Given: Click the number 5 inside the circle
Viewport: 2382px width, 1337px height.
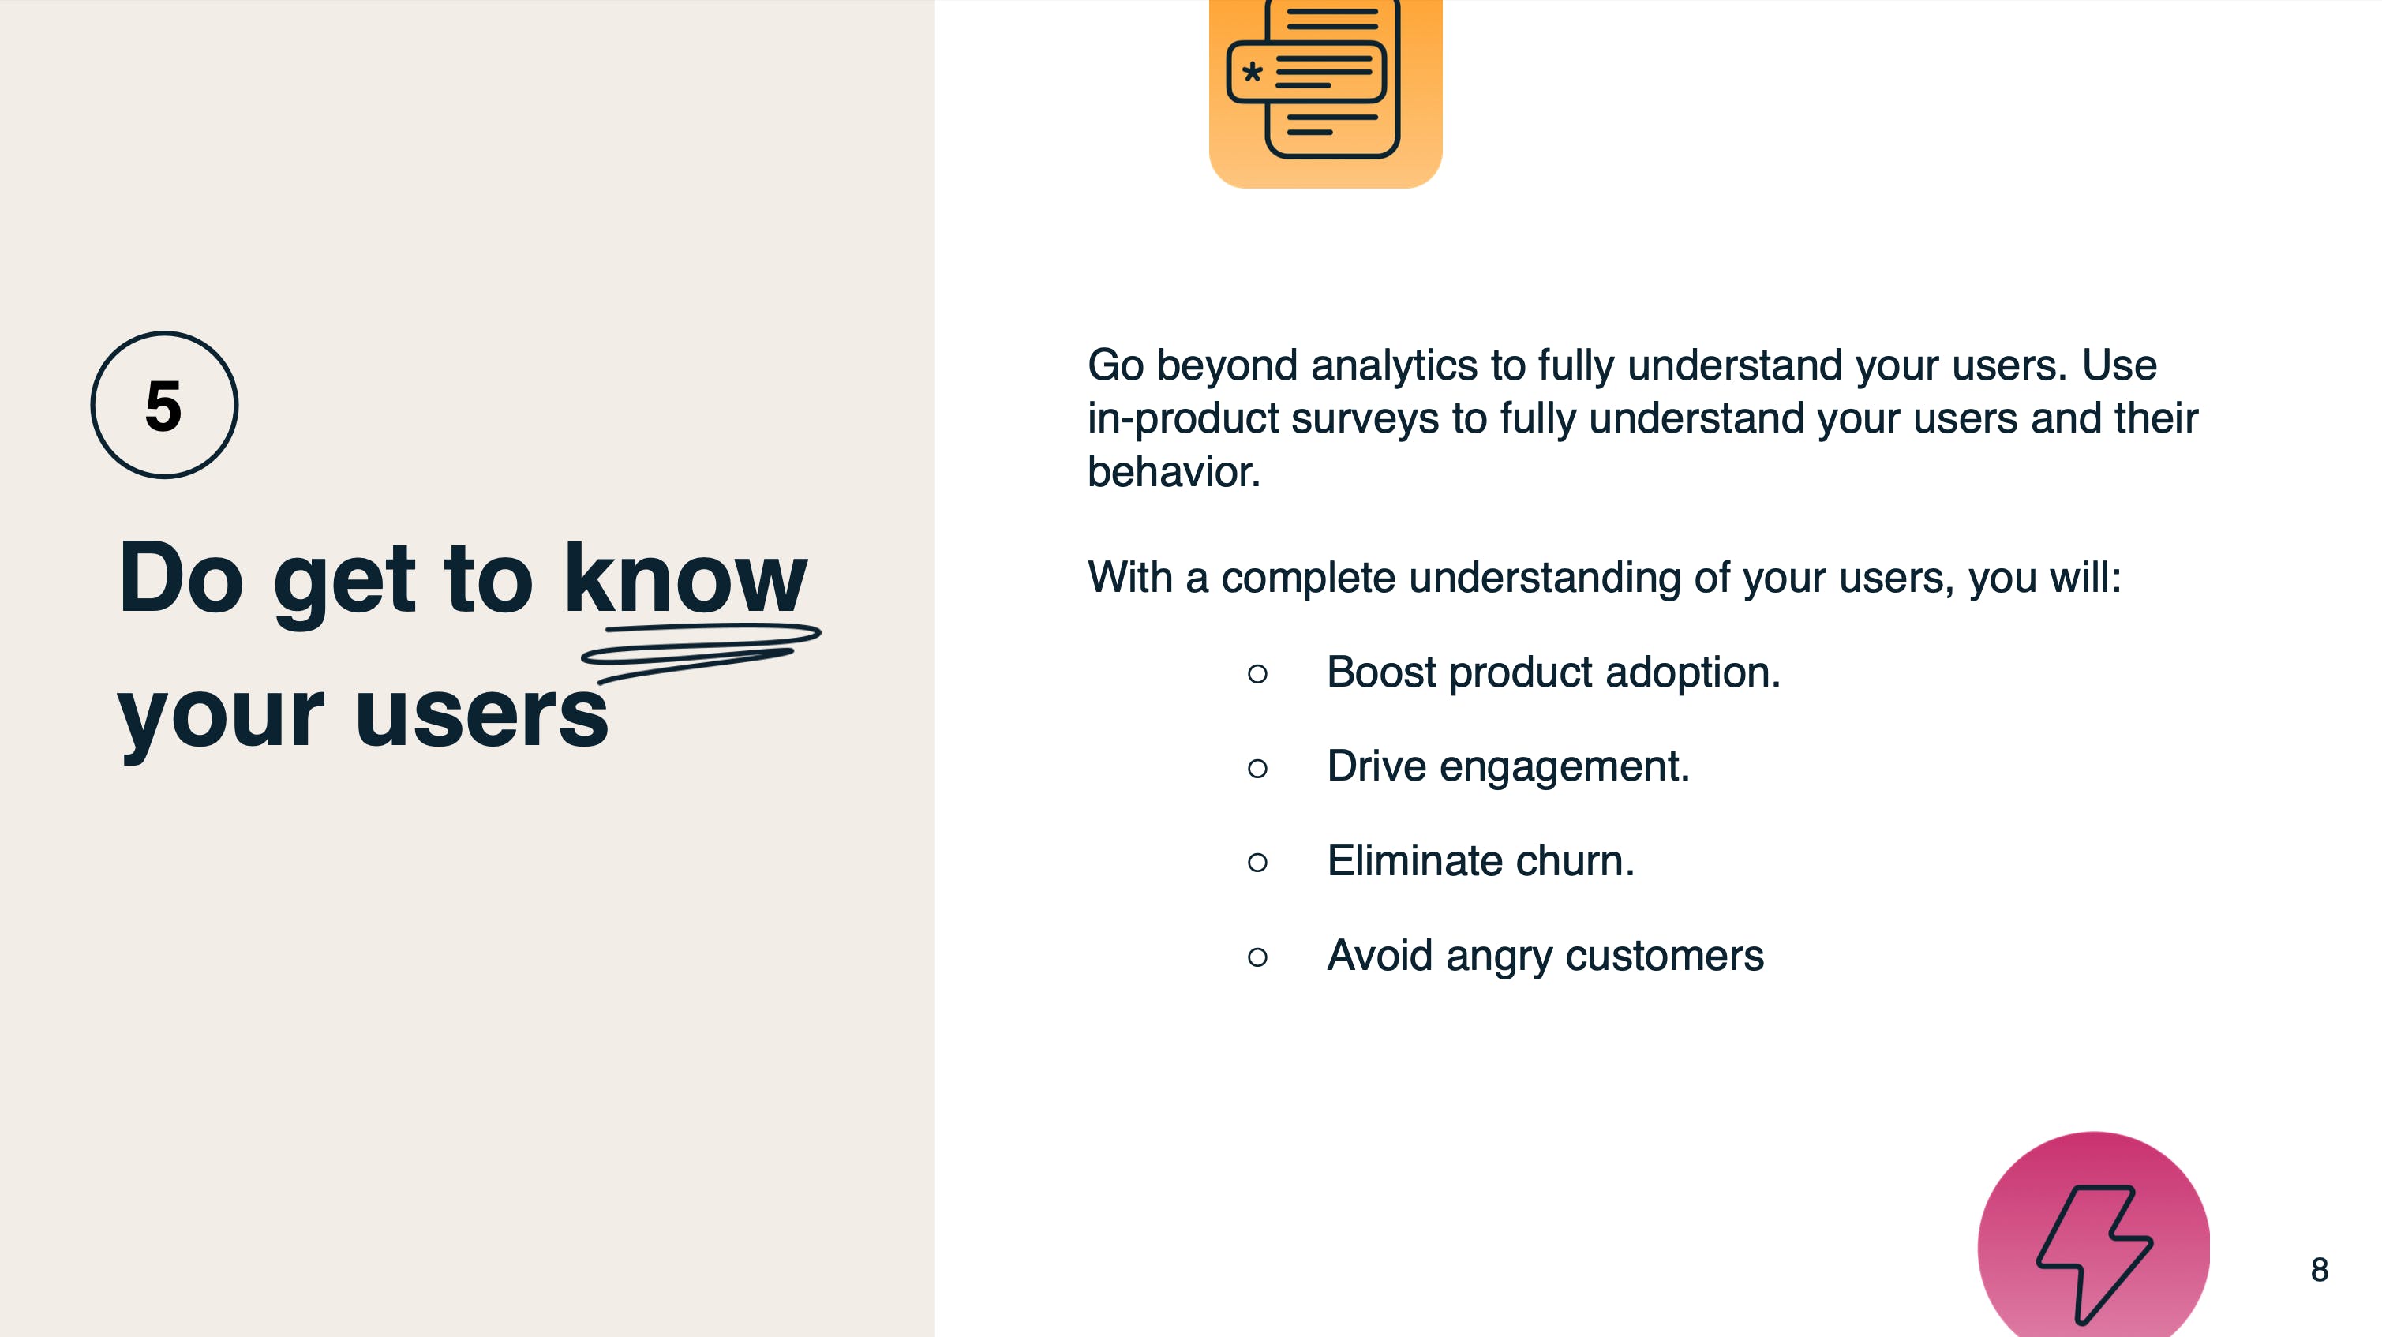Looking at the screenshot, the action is (x=163, y=406).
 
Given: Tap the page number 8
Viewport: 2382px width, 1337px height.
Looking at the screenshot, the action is (x=2319, y=1269).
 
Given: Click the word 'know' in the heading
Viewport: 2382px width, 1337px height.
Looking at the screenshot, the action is (x=685, y=578).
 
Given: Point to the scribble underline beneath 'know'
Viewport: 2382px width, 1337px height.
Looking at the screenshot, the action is (x=700, y=651).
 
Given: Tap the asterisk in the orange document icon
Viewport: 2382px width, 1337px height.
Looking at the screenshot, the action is (x=1252, y=71).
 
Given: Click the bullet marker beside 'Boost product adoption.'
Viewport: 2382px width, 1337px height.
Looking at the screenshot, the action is (x=1257, y=674).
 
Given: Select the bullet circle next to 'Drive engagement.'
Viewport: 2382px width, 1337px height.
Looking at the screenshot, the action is (x=1257, y=769).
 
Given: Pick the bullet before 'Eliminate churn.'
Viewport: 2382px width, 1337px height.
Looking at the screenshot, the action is (x=1257, y=863).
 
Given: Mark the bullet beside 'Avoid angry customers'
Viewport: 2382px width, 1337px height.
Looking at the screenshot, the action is (x=1257, y=957).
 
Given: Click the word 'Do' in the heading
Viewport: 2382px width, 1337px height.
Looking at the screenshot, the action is (x=182, y=578).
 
